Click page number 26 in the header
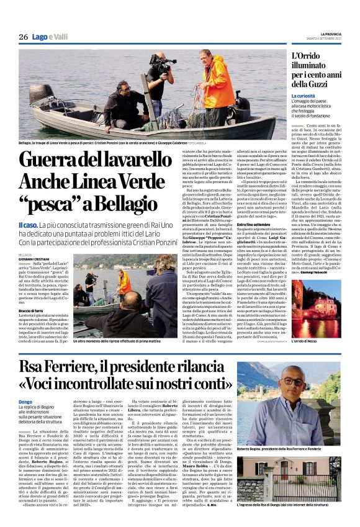24,38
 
